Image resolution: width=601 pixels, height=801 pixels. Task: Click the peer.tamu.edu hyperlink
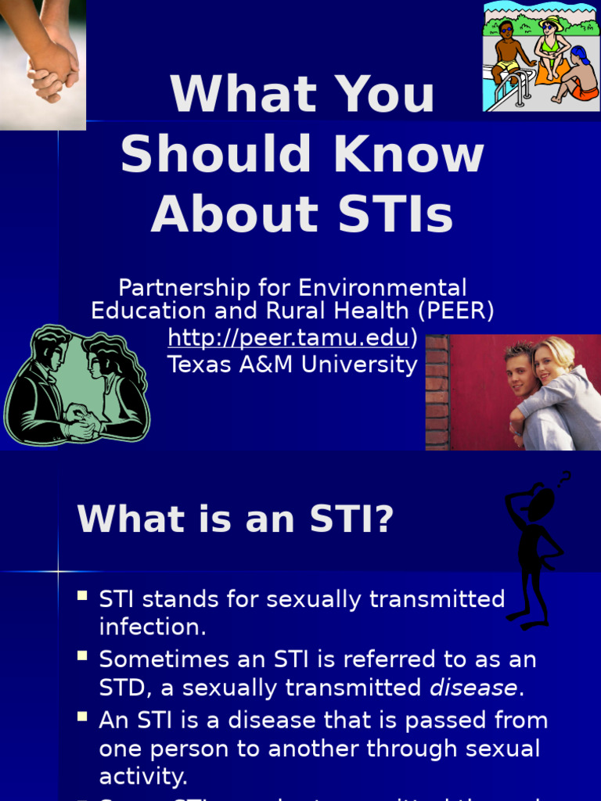click(288, 338)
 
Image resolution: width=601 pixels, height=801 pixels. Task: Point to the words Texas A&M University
click(293, 365)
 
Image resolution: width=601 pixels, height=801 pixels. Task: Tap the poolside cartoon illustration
click(541, 56)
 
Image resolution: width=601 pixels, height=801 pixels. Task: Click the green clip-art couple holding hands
click(77, 386)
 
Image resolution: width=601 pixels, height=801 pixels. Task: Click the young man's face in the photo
click(521, 374)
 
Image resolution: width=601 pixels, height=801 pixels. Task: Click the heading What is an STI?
click(235, 519)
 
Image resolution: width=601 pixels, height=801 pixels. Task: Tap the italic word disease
click(473, 688)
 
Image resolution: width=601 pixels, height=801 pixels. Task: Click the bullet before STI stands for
click(82, 597)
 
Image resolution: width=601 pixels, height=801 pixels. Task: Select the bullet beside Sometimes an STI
click(82, 657)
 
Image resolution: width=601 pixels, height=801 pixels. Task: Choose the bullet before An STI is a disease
click(82, 717)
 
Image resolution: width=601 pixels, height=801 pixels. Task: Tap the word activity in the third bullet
click(143, 776)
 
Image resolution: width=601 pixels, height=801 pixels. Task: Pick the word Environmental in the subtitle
click(383, 287)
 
